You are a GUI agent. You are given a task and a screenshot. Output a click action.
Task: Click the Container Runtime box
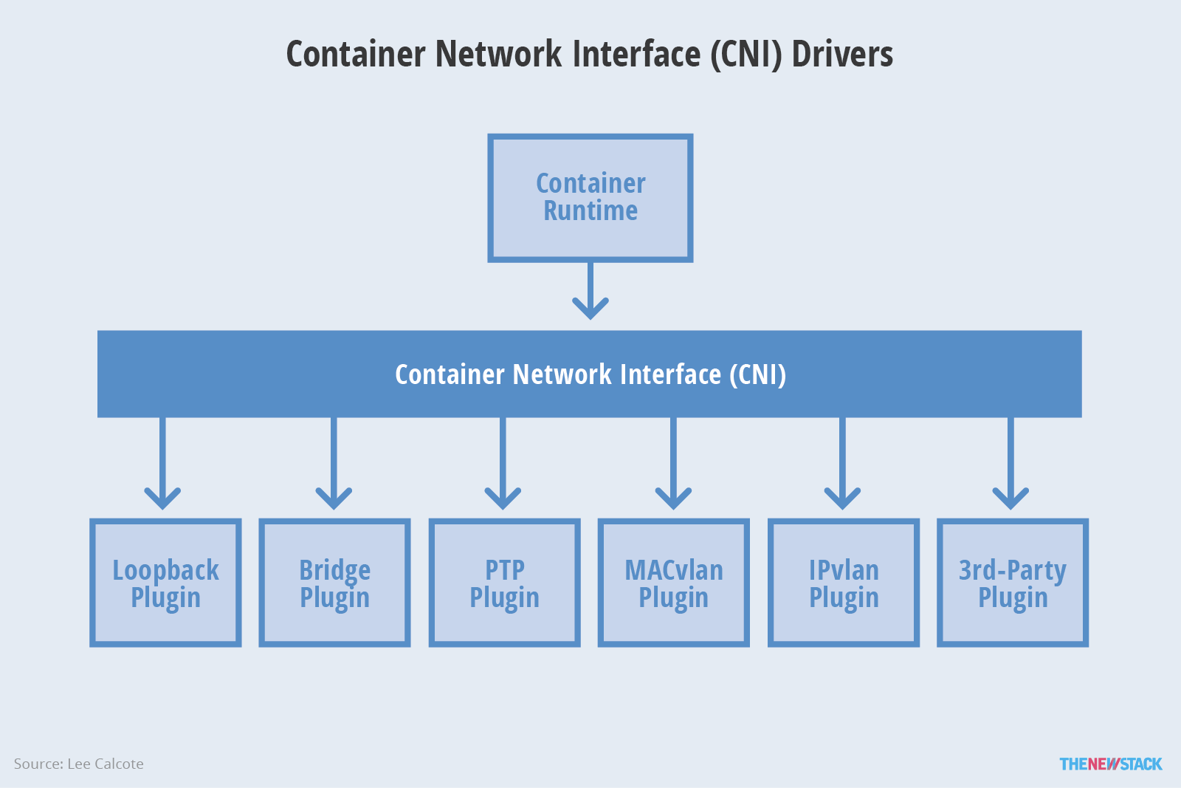[x=590, y=198]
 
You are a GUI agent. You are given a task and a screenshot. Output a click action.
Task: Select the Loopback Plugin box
[x=165, y=582]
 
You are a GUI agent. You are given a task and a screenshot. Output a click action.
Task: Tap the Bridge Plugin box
[x=335, y=582]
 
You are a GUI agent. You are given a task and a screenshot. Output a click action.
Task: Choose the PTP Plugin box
[x=505, y=582]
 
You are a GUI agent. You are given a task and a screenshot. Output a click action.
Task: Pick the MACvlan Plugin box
[x=674, y=582]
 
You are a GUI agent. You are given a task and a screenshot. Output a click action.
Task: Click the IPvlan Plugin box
[x=844, y=582]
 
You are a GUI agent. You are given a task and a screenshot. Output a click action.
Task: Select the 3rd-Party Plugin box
[x=1013, y=582]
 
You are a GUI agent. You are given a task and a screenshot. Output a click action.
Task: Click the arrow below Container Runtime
[x=590, y=291]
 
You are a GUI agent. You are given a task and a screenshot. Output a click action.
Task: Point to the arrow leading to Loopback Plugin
[x=162, y=463]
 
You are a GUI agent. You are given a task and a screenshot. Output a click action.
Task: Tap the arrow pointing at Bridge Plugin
[x=334, y=463]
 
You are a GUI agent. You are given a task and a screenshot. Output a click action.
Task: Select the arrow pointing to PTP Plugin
[x=503, y=463]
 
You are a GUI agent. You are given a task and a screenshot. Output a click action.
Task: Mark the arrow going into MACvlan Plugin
[x=673, y=463]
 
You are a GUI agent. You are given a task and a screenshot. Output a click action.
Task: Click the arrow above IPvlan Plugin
[x=842, y=463]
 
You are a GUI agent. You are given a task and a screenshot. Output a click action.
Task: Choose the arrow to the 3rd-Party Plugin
[x=1010, y=463]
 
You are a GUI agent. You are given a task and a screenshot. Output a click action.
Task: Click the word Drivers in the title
[x=842, y=55]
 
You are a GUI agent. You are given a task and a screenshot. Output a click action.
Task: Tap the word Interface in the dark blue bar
[x=671, y=374]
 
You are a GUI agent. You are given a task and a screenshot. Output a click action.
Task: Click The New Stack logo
[x=1111, y=764]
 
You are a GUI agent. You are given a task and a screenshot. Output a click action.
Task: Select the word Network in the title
[x=499, y=55]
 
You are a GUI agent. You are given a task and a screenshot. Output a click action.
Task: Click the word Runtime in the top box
[x=590, y=210]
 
